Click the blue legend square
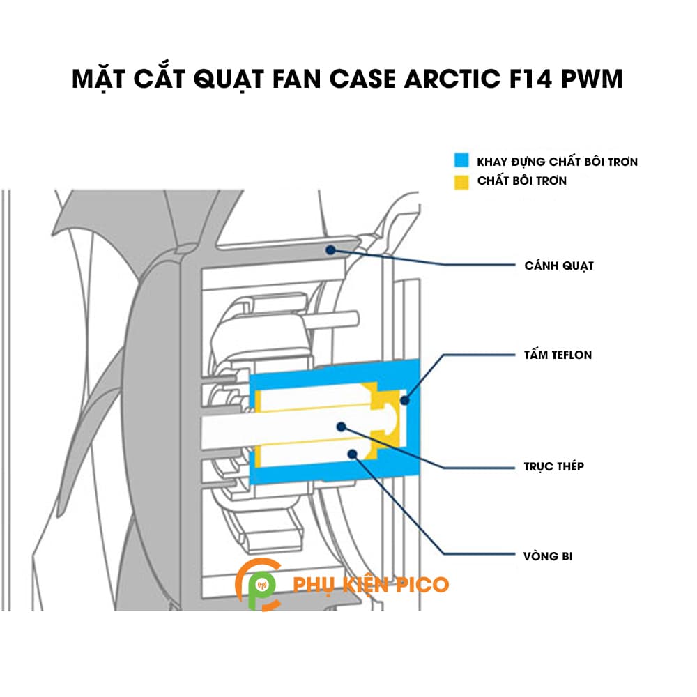(x=459, y=161)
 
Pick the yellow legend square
(x=459, y=181)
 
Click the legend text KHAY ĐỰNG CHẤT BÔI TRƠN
(x=557, y=162)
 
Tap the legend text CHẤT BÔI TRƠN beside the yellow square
(x=522, y=181)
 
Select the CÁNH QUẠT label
(x=559, y=266)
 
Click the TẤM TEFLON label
(x=558, y=355)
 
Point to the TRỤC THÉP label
(x=554, y=466)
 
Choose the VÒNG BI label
(x=549, y=556)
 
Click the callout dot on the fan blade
(x=330, y=249)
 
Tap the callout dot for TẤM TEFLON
(x=406, y=399)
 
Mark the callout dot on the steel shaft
(x=341, y=426)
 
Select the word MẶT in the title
(x=98, y=79)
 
